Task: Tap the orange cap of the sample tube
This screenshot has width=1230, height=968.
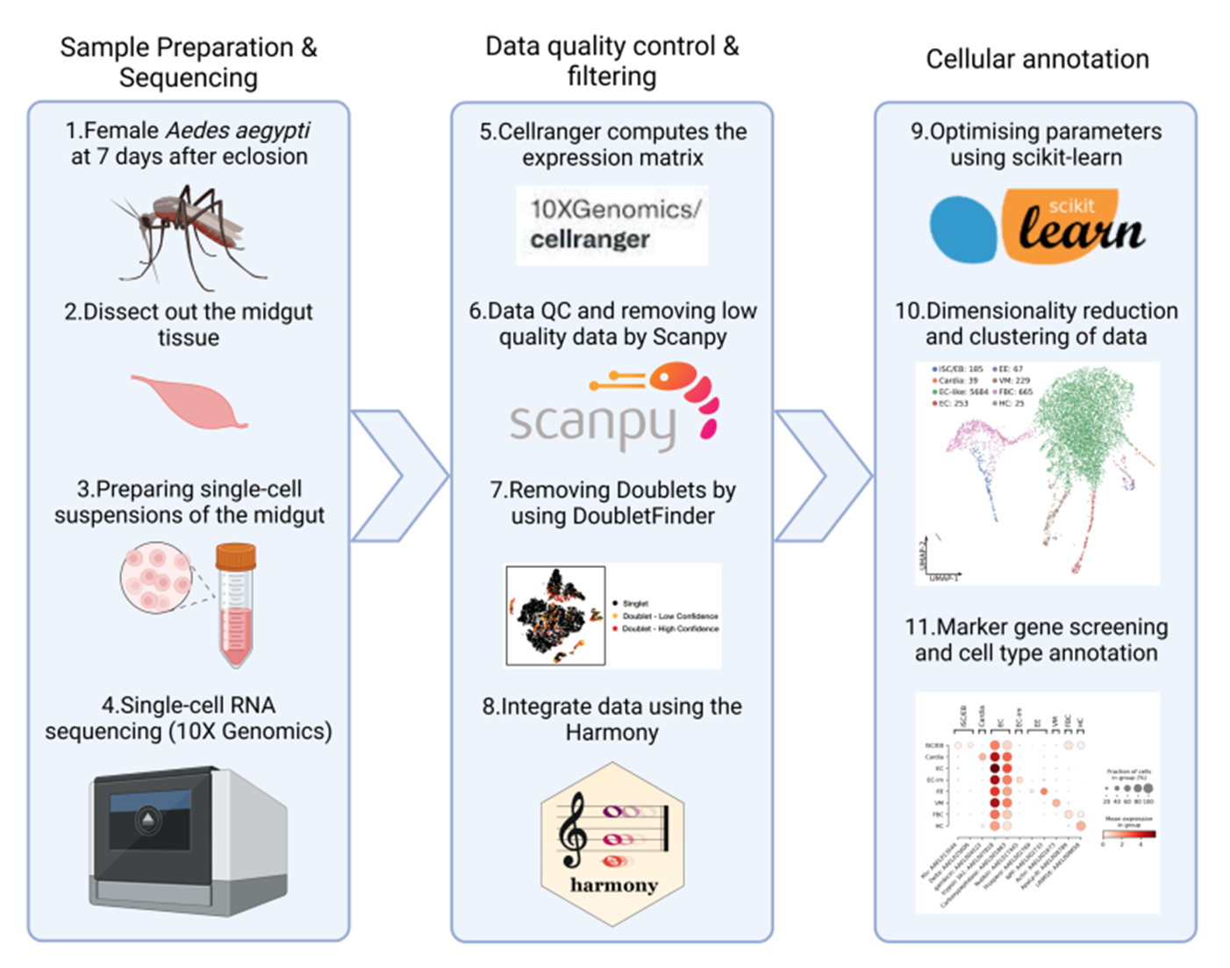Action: pyautogui.click(x=236, y=556)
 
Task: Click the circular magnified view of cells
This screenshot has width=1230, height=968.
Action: pyautogui.click(x=156, y=578)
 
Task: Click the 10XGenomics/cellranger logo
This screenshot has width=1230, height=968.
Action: pyautogui.click(x=612, y=226)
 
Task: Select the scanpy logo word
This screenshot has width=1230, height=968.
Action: pyautogui.click(x=592, y=423)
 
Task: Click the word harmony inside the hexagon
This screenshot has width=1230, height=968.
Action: pyautogui.click(x=613, y=885)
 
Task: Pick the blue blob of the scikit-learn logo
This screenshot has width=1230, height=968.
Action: pyautogui.click(x=963, y=229)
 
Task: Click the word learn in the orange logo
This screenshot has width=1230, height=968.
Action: pyautogui.click(x=1082, y=232)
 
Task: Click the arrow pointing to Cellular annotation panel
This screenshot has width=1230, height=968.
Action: pyautogui.click(x=821, y=476)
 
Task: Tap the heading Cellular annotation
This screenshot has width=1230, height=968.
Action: pyautogui.click(x=1037, y=59)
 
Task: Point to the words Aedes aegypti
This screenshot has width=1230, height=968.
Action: pyautogui.click(x=238, y=131)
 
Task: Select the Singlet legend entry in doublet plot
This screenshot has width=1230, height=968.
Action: pyautogui.click(x=634, y=604)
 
